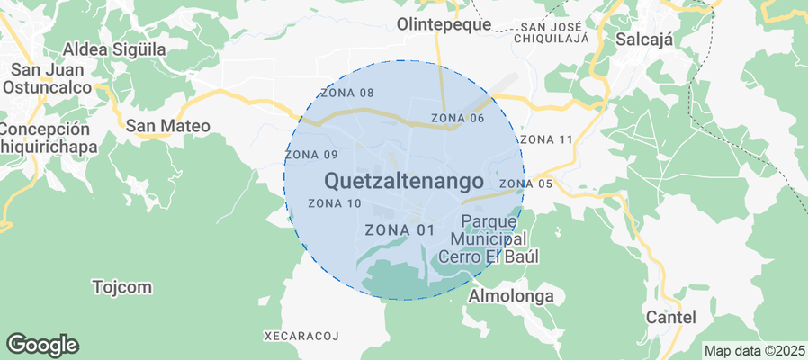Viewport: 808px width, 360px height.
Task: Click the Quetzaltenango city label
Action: coord(402,181)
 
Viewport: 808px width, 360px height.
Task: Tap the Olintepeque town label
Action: coord(444,25)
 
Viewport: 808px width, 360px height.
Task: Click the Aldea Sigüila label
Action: coord(114,49)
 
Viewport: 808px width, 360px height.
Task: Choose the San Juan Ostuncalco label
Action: coord(48,78)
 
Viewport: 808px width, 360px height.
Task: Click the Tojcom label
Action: coord(122,287)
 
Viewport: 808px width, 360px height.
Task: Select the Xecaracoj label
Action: coord(301,336)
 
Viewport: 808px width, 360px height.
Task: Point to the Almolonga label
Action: coord(511,295)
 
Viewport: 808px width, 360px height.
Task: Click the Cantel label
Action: coord(671,317)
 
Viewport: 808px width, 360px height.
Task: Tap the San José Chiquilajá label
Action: coord(553,32)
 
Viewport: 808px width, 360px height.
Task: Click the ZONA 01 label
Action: coord(400,230)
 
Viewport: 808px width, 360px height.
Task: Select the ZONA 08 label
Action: coord(346,94)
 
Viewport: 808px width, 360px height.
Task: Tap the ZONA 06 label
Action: coord(458,118)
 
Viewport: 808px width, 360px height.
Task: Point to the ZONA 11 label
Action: coord(546,139)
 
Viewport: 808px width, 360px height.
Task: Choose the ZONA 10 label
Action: coord(334,203)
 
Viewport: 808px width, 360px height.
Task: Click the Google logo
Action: coord(42,344)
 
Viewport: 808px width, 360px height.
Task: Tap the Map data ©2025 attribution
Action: coord(754,350)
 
